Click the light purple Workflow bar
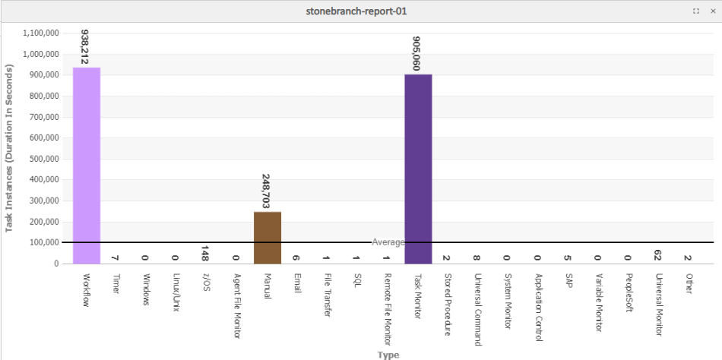87,166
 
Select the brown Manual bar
268,238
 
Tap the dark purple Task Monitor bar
418,169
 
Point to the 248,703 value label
267,191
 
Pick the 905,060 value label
417,53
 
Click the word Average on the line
388,242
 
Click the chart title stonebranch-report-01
360,11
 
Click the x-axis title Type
388,355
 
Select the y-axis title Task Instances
10,148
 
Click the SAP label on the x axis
568,283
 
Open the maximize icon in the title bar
696,11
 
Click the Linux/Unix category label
176,293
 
